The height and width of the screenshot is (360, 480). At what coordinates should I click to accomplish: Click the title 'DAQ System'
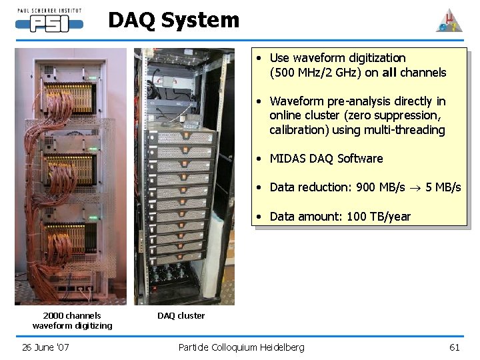(173, 21)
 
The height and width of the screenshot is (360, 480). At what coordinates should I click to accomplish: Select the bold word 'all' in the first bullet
(391, 73)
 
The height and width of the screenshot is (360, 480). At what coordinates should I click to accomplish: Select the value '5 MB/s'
(443, 187)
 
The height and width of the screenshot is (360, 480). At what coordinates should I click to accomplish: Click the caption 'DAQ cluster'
(181, 315)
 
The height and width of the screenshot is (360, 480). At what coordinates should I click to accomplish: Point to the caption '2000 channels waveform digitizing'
(72, 321)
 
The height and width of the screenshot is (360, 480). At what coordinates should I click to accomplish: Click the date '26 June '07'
(46, 347)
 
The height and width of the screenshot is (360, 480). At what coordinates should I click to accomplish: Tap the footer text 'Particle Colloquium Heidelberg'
(241, 347)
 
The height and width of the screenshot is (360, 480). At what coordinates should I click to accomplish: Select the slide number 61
(455, 347)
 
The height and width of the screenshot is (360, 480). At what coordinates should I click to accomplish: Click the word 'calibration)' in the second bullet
(299, 130)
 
